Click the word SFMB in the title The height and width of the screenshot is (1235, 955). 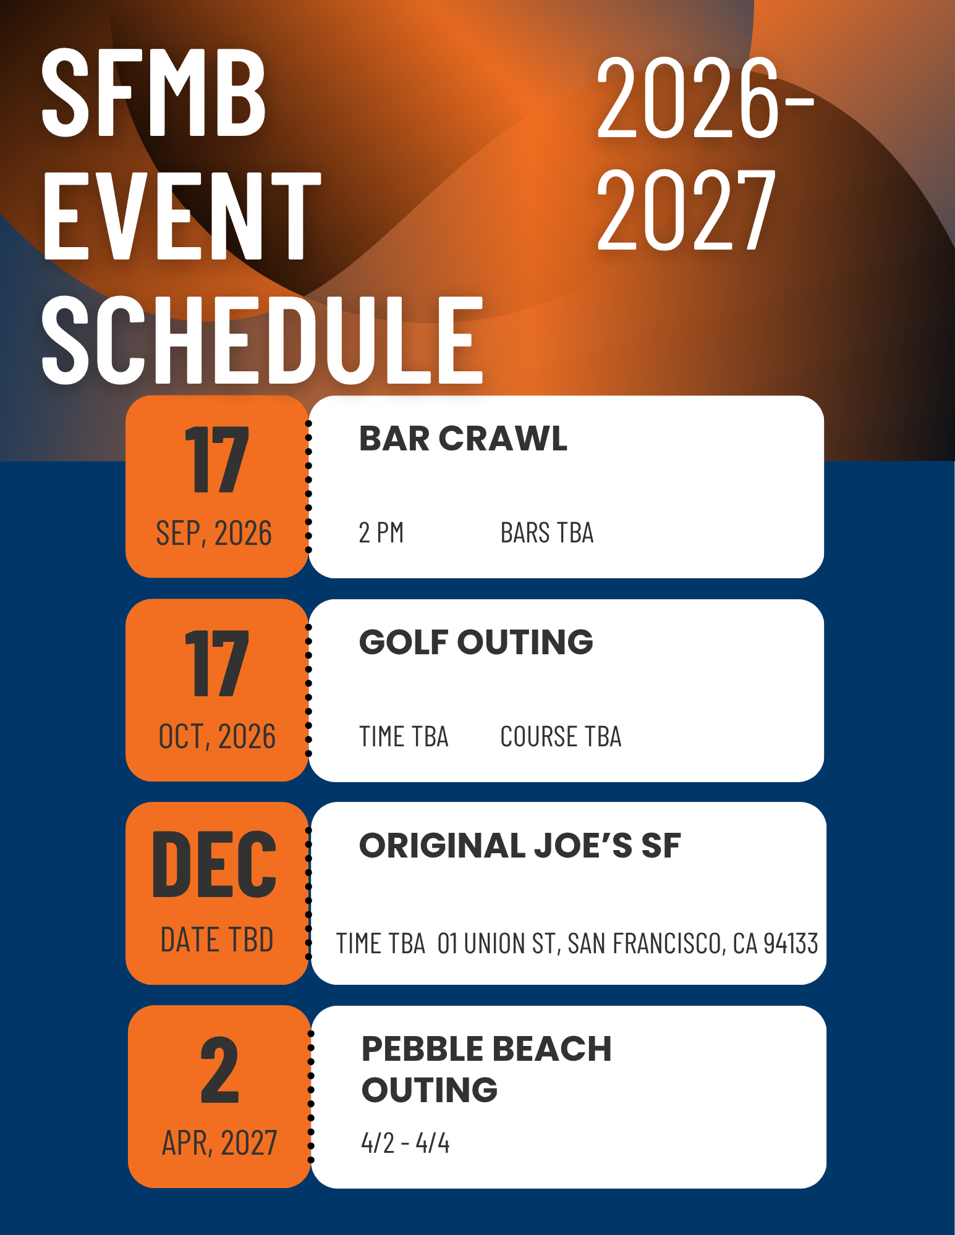(x=153, y=93)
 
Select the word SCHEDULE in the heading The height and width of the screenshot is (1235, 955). (x=262, y=339)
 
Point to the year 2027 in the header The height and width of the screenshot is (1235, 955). (x=686, y=209)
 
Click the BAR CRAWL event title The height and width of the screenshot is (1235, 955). (x=463, y=439)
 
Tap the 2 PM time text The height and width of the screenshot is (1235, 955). (x=381, y=533)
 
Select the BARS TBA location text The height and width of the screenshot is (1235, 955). (x=547, y=533)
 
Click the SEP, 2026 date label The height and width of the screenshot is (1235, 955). (x=214, y=533)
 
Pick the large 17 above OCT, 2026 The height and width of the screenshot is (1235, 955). (x=217, y=664)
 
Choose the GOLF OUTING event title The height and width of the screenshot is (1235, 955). (x=476, y=642)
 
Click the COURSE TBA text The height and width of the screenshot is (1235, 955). (x=561, y=736)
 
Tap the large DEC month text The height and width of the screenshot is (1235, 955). (x=214, y=864)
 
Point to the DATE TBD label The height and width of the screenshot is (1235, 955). (x=217, y=940)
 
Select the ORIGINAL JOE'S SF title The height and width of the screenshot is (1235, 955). (x=520, y=845)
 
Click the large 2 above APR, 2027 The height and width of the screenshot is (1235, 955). (x=219, y=1070)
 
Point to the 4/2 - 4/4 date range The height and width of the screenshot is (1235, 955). (x=405, y=1143)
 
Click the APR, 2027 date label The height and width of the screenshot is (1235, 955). (x=219, y=1143)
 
